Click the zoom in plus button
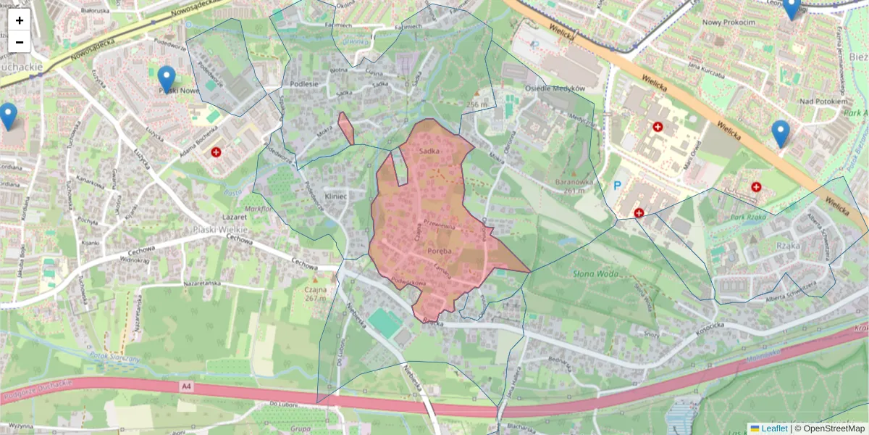click(x=20, y=20)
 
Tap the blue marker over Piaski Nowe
click(x=167, y=79)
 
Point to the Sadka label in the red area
click(x=429, y=151)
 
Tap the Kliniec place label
click(x=337, y=196)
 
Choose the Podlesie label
click(x=304, y=83)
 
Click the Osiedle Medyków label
click(x=559, y=88)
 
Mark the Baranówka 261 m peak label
click(x=564, y=186)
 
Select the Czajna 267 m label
click(x=316, y=293)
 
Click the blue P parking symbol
click(x=618, y=186)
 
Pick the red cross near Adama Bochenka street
click(x=216, y=152)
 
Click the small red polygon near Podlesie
click(x=346, y=128)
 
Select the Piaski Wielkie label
click(x=221, y=229)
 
